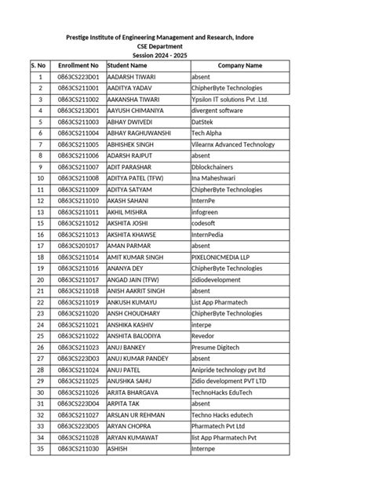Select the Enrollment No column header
coord(78,67)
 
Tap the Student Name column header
coord(129,67)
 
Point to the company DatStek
coord(204,122)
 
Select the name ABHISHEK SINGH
coord(131,145)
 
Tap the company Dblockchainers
coord(214,167)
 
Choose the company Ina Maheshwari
coord(214,179)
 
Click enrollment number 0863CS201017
coord(78,246)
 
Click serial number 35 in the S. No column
coord(38,449)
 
